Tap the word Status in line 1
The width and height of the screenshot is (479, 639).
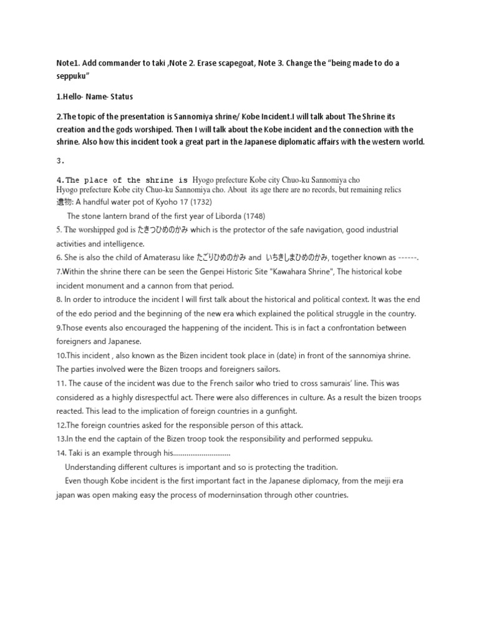point(120,97)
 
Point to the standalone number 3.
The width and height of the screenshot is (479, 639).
point(60,160)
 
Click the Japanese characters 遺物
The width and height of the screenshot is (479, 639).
point(64,202)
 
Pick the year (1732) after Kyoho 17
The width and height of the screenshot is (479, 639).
point(193,202)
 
